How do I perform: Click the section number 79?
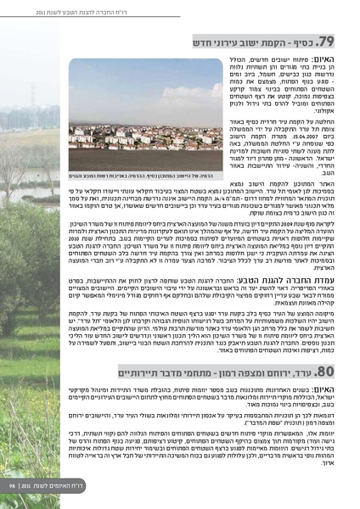(327, 41)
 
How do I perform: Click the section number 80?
(328, 370)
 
